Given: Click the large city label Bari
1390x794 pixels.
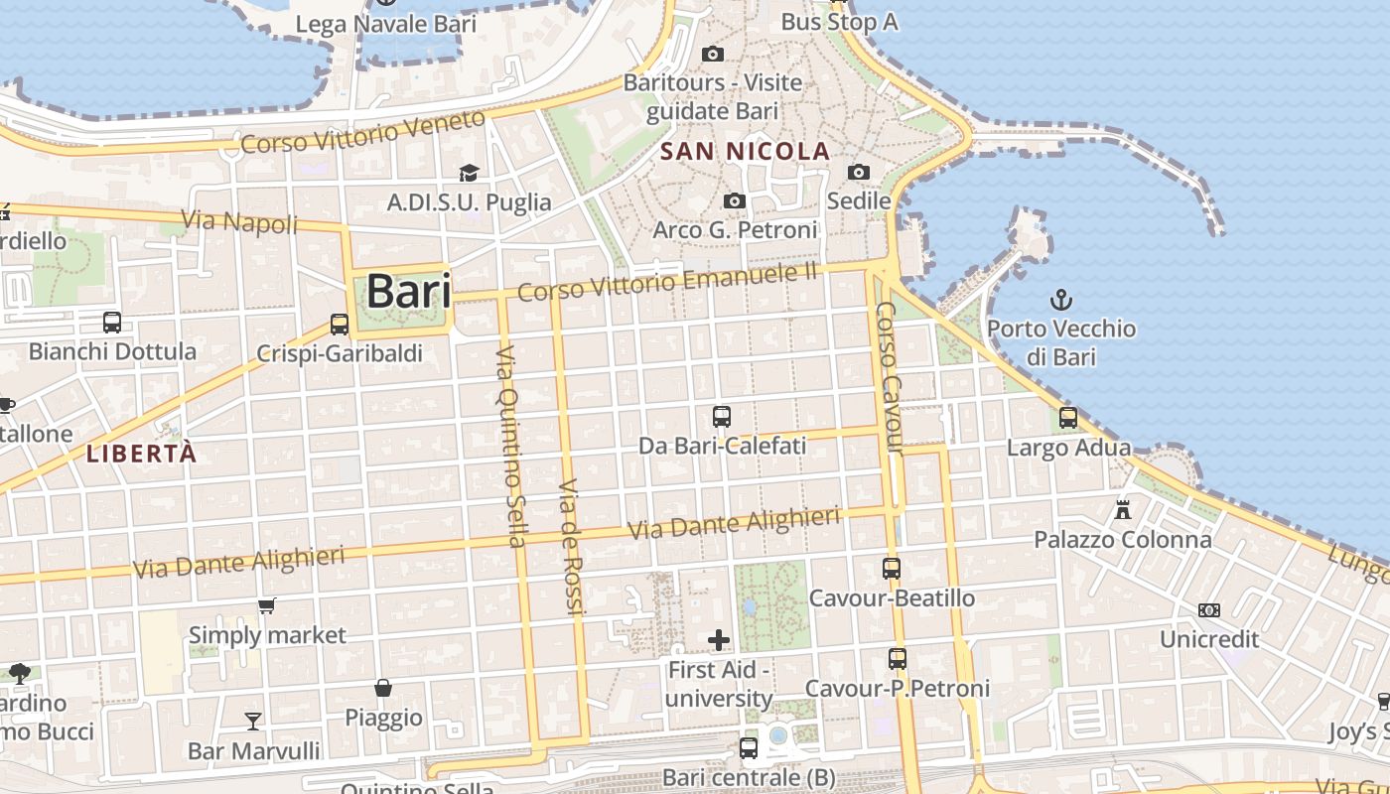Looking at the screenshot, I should coord(408,292).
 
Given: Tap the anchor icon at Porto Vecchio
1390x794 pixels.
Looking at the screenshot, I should coord(1061,299).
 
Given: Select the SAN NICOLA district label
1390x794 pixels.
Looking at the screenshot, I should coord(745,151).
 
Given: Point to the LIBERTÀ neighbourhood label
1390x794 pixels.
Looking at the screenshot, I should coord(141,455).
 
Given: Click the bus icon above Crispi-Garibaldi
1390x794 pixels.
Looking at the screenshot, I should coord(340,325).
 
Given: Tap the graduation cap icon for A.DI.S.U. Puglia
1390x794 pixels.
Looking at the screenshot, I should coord(469,174).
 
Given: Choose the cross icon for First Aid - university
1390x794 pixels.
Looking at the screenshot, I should coord(719,640).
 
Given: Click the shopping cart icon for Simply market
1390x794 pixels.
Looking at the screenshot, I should coord(266,605).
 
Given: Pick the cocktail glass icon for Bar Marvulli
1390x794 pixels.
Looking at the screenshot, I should coord(254,721).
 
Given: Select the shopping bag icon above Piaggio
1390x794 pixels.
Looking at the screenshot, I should coord(383,688).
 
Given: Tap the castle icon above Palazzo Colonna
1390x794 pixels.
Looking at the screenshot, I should coord(1123,510).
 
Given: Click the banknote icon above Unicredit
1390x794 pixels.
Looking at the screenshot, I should coord(1209,610).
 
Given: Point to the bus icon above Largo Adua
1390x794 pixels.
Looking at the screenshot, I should coord(1068,418).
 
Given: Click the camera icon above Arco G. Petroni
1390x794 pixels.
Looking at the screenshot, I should coord(735,201).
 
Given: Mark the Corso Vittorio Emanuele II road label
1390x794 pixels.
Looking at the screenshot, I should coord(666,281).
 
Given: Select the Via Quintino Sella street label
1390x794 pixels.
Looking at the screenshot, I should coord(510,446).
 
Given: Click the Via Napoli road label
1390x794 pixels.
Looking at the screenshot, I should coord(239,221).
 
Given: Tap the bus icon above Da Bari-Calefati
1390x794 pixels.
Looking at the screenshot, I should coord(722,417).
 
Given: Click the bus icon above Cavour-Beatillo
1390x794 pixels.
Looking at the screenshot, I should coord(892,569).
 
